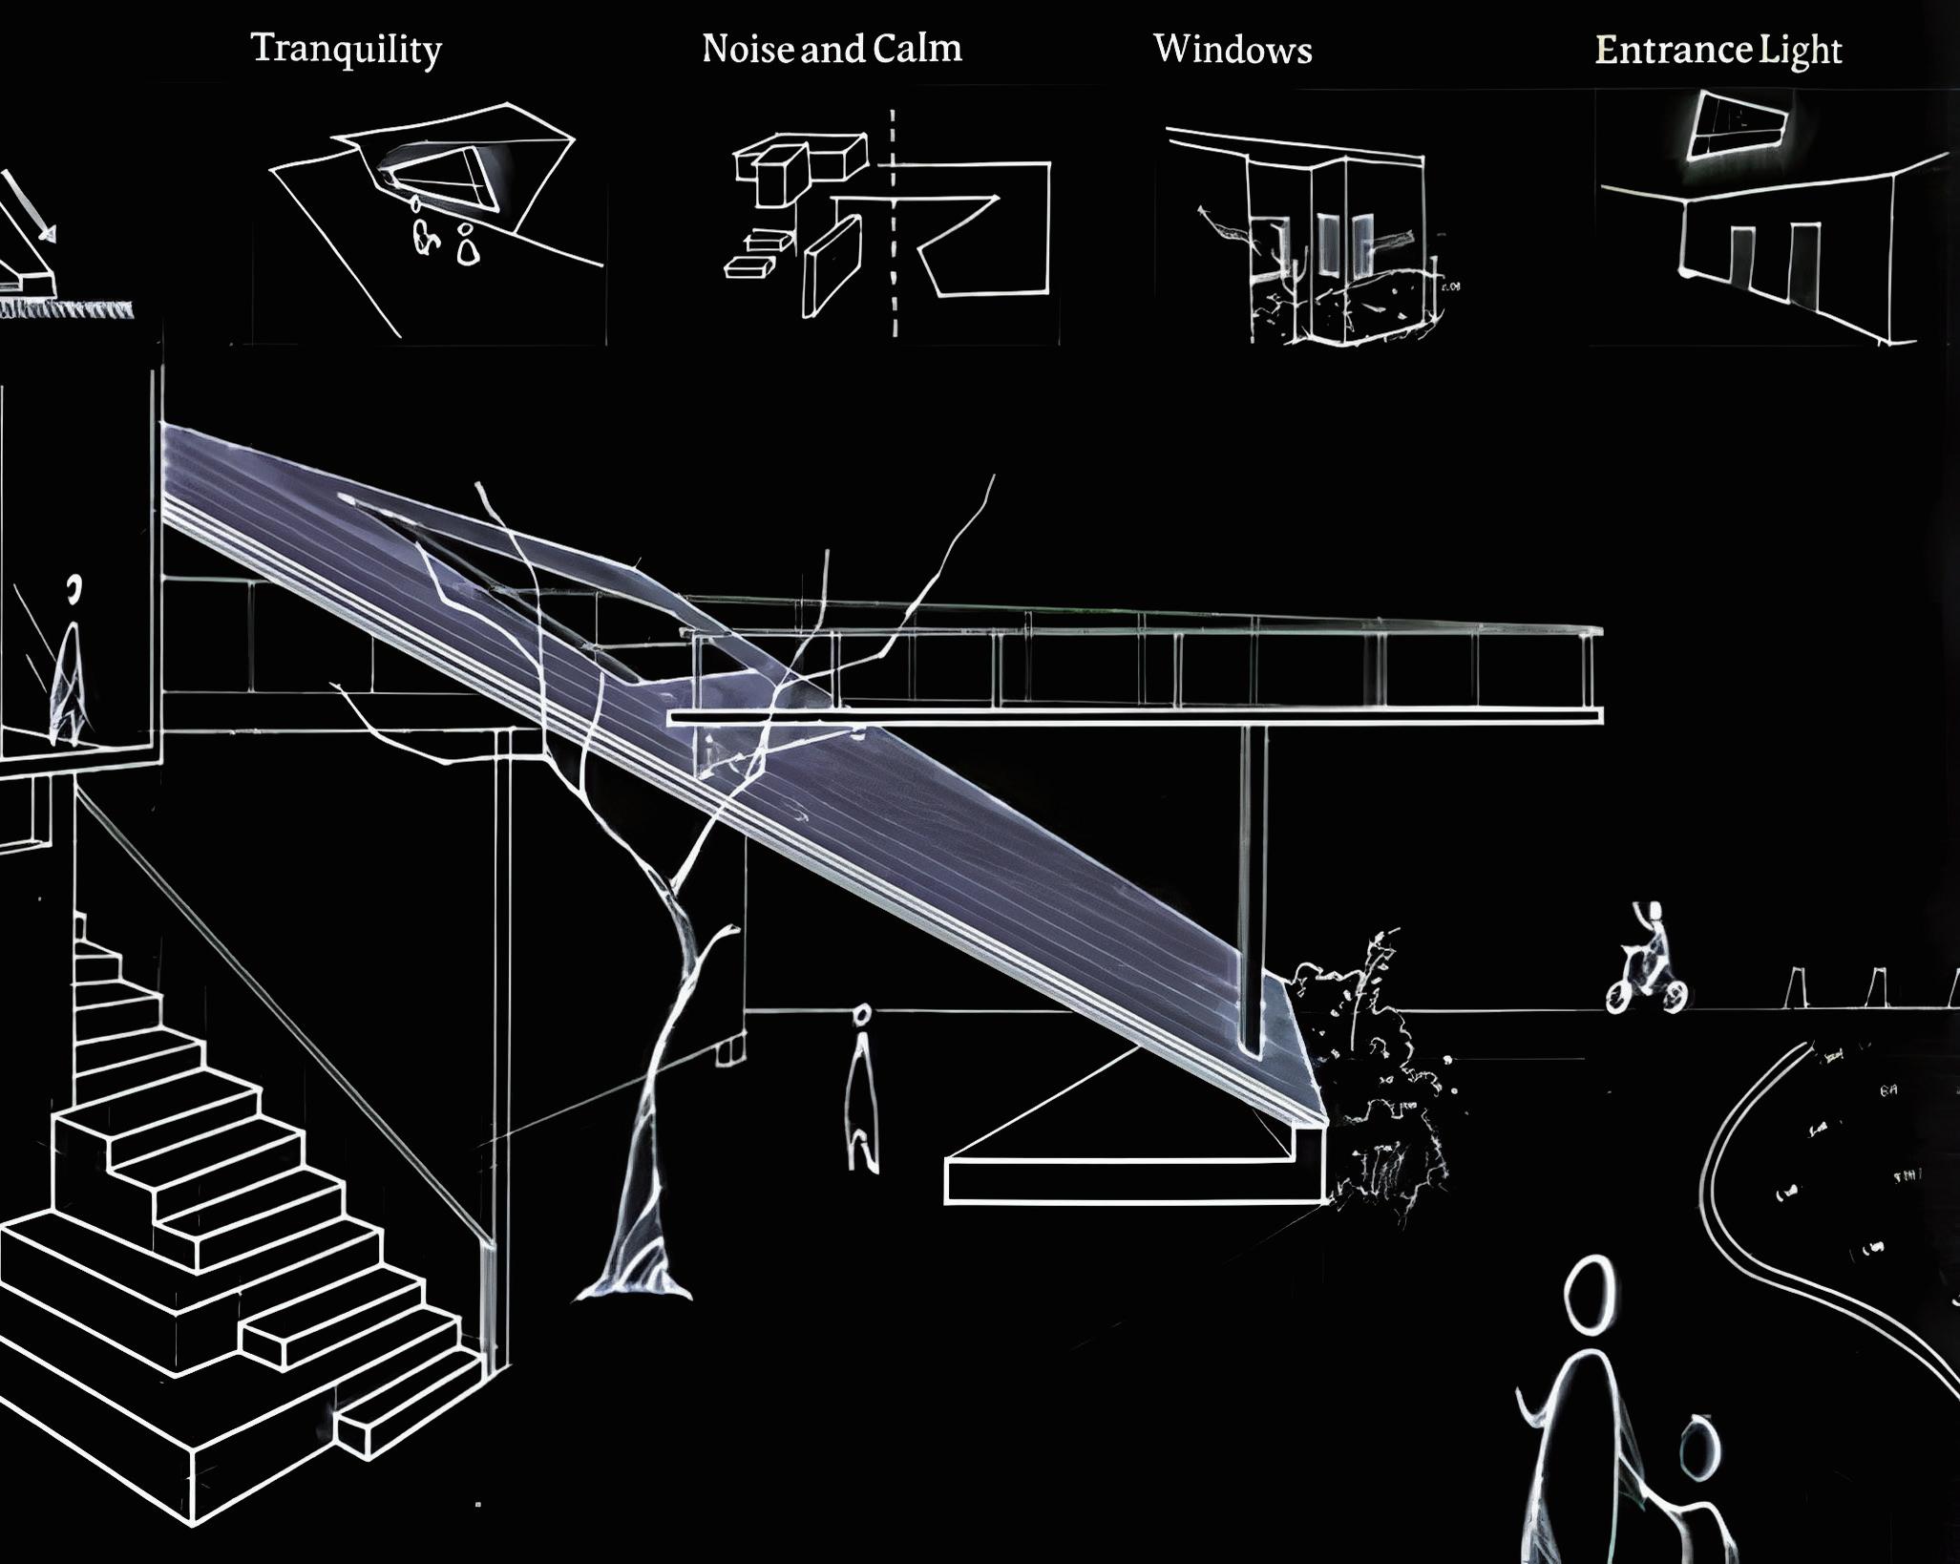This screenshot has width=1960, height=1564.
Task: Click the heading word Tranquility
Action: (346, 50)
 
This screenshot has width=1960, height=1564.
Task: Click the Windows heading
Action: (1233, 50)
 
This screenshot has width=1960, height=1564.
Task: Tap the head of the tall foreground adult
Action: (1591, 1294)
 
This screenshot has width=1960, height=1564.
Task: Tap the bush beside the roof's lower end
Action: (1375, 1079)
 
